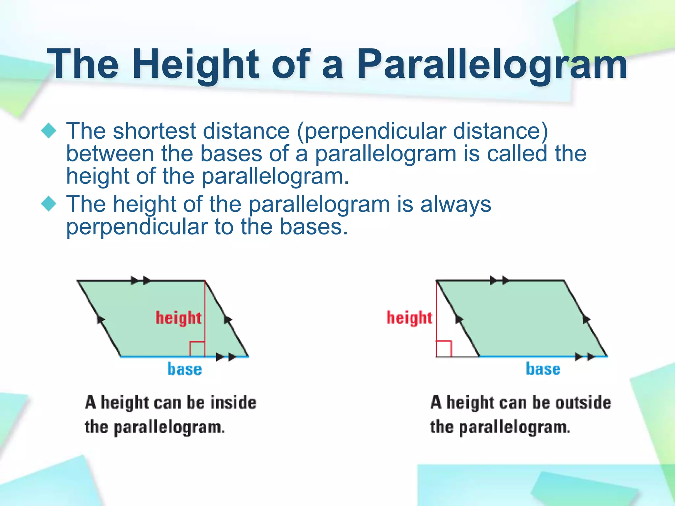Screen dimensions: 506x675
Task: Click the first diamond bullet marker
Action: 49,131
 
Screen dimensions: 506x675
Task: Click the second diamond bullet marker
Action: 49,204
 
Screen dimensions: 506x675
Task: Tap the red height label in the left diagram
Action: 178,318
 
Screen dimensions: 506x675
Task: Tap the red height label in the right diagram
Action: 409,318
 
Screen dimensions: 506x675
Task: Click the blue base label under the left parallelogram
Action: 185,369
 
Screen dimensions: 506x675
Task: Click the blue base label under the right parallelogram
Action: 543,369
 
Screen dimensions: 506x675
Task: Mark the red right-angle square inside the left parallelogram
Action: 197,349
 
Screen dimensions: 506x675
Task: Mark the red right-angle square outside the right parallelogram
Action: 444,349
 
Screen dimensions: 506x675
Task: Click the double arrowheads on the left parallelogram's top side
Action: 140,281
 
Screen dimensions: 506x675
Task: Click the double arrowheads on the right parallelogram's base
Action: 585,356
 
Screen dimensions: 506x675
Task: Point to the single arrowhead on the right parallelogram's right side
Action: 586,319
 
